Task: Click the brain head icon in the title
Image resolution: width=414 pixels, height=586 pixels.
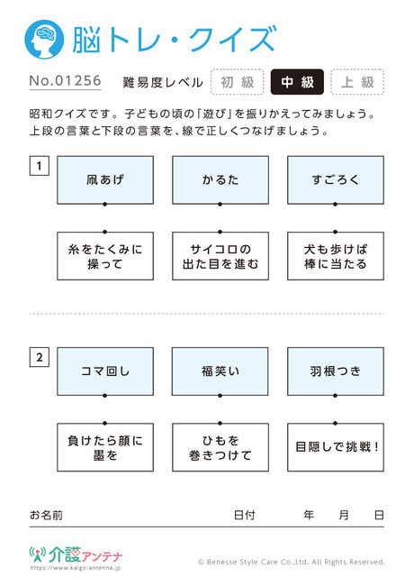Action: [x=44, y=40]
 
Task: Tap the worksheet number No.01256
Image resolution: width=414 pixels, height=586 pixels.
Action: [x=66, y=81]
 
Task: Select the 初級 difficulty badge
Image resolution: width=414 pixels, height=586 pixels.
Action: [x=238, y=82]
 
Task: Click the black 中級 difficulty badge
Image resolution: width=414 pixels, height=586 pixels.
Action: [x=297, y=82]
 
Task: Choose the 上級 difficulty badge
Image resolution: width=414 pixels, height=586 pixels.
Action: [x=357, y=82]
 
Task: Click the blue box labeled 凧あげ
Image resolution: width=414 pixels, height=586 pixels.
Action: [x=105, y=180]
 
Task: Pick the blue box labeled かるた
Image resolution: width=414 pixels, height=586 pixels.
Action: [x=220, y=180]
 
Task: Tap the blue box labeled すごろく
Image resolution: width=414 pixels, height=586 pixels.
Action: [x=336, y=180]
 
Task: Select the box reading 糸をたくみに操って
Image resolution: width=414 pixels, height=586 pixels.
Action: [x=105, y=256]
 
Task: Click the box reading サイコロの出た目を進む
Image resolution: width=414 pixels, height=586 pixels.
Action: [x=220, y=256]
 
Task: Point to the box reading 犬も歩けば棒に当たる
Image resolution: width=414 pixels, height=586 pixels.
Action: [x=336, y=256]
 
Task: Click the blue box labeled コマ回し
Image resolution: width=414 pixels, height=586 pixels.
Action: [x=105, y=371]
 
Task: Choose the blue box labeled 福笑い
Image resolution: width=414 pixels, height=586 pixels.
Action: [x=220, y=371]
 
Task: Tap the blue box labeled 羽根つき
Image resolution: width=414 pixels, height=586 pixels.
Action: [x=336, y=371]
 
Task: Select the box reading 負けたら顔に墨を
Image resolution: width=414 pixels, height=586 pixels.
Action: [x=105, y=447]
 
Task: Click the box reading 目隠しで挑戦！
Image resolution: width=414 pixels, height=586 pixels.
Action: [x=336, y=447]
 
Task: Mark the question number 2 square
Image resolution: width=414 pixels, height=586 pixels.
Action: [x=40, y=357]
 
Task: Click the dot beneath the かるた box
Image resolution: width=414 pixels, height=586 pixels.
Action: [x=220, y=205]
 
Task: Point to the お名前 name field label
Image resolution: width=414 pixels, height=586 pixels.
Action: [x=46, y=515]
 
